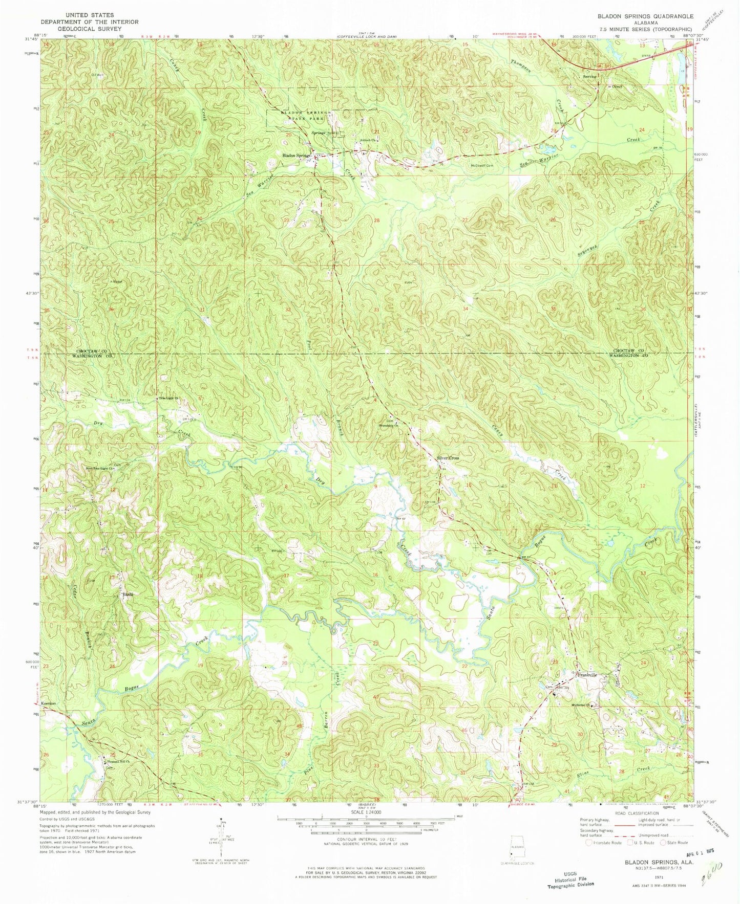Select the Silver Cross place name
448,458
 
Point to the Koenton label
49,703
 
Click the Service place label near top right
590,77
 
